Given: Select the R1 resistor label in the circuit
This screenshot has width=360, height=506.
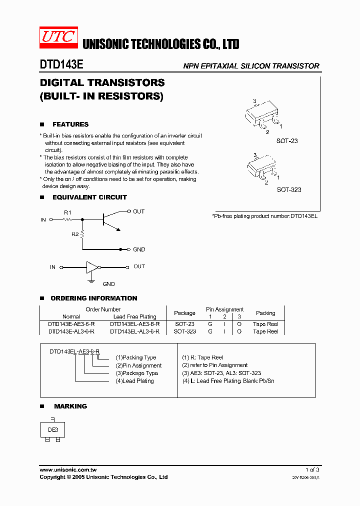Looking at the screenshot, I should coord(67,212).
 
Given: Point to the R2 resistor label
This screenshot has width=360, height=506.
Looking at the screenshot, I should coord(74,234).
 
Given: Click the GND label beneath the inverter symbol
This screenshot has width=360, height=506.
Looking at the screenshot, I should coord(108,284).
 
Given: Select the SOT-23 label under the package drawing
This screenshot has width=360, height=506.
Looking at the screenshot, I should coord(286,141).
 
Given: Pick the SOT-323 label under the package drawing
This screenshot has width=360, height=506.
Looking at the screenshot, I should coord(288,190).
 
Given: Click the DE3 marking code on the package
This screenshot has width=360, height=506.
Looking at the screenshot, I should coord(53,429).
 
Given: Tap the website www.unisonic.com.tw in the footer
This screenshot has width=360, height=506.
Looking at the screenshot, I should coord(68,469).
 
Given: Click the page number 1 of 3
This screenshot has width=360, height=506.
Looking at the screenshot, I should coord(311,469).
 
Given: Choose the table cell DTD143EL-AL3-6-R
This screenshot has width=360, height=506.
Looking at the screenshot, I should coord(134,331).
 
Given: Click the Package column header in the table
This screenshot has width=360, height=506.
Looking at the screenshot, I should coord(184,313).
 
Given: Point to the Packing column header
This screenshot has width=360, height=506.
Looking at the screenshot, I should coord(265,313).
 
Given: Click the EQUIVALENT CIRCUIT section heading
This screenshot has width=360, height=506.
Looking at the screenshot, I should coord(89,197).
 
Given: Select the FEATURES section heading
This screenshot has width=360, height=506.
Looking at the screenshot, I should coord(70,124).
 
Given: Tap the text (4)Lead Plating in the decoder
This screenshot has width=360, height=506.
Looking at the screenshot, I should coord(134,381).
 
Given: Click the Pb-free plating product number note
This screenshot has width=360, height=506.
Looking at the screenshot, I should coord(264,216).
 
